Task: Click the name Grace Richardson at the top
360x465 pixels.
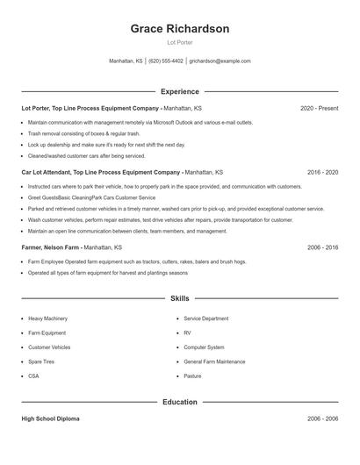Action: (x=180, y=28)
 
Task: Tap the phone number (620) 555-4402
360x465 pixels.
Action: (x=166, y=61)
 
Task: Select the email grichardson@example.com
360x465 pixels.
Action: (x=220, y=61)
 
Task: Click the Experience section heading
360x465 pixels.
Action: (x=180, y=91)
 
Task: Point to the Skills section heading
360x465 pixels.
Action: (x=180, y=299)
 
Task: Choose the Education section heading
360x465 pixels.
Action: (x=180, y=402)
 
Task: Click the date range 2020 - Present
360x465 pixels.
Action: (x=319, y=108)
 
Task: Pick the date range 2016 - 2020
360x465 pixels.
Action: (x=323, y=173)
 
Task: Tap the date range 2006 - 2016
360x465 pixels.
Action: (x=323, y=248)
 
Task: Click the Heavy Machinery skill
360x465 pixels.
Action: (x=47, y=318)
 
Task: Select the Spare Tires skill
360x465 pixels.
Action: (x=41, y=361)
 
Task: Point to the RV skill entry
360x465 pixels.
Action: (x=187, y=333)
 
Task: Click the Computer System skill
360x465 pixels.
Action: (x=204, y=347)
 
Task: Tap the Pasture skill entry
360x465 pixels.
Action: (x=192, y=376)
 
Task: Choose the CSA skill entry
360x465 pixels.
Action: (x=33, y=376)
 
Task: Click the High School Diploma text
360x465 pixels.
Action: (x=50, y=419)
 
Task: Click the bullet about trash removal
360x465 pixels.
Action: (x=71, y=133)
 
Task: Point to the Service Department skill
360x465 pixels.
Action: (x=207, y=318)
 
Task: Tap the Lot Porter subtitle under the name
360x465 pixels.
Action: (x=180, y=42)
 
